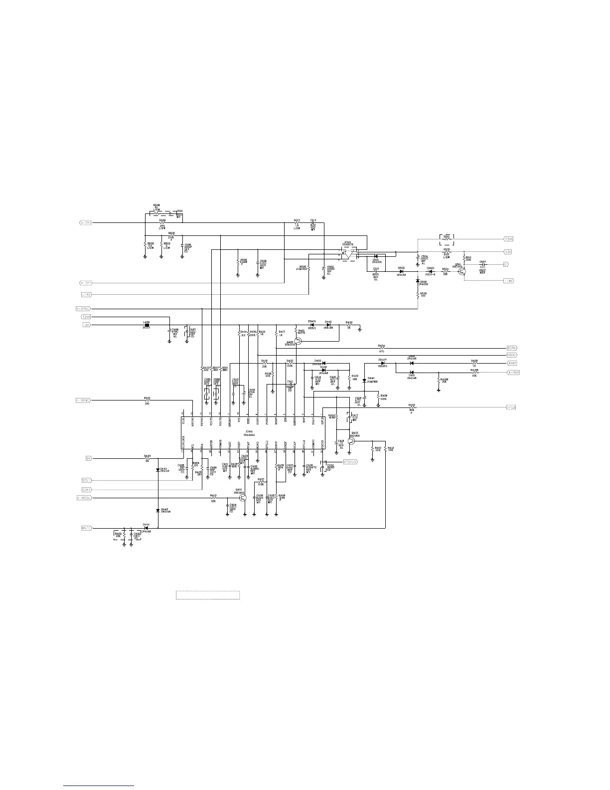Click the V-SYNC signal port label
83,309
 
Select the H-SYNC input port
83,400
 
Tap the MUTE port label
86,528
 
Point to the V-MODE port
84,498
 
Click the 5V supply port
88,458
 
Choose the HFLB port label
511,407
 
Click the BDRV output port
512,348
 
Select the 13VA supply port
508,239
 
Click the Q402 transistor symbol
352,441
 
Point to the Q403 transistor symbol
299,342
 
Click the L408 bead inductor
147,325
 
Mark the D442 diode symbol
157,509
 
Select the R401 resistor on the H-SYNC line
147,400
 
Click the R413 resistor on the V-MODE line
213,498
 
